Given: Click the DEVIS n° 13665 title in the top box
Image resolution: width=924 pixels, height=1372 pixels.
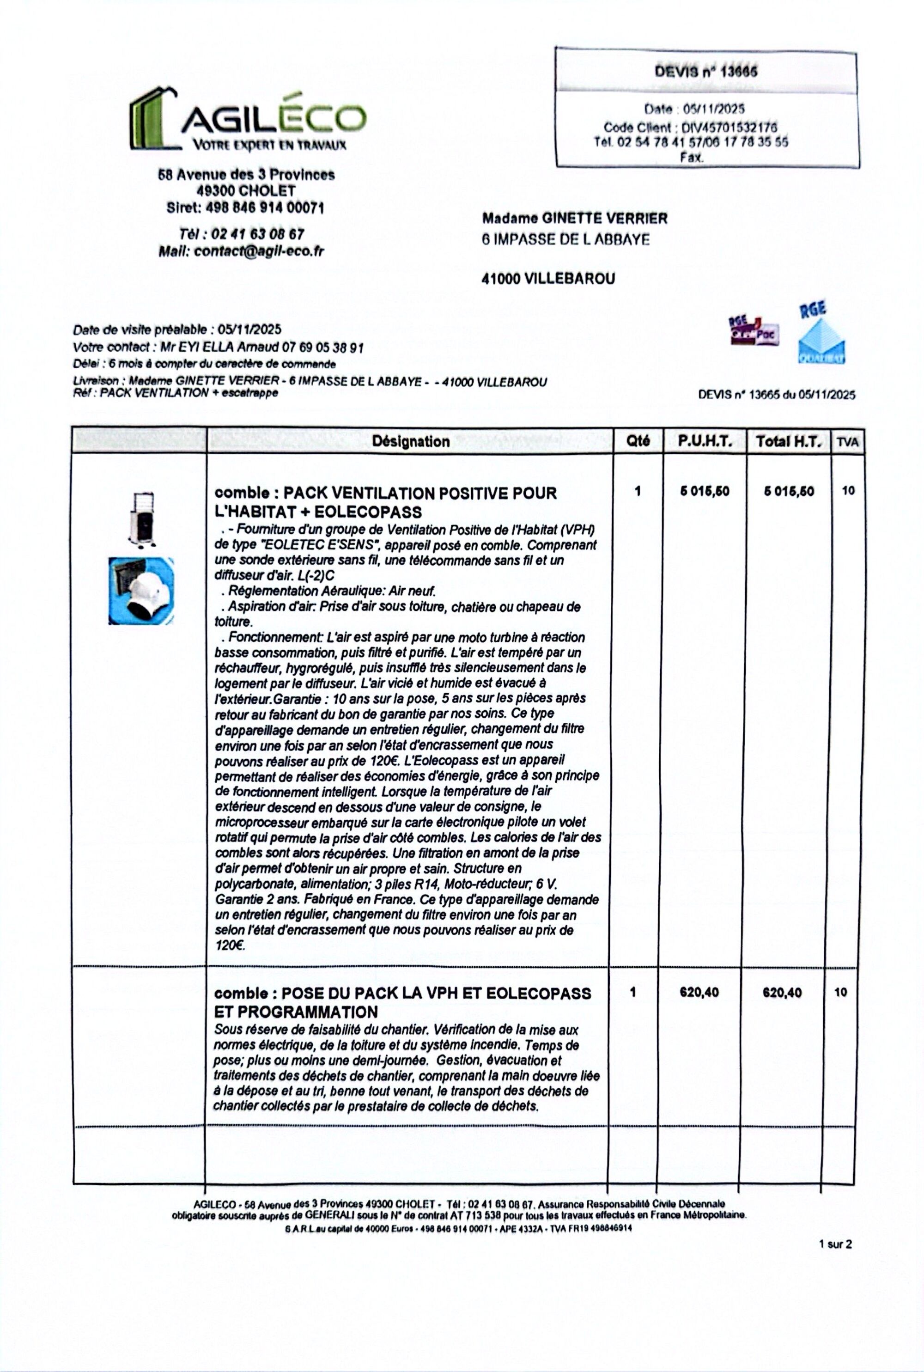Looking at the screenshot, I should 706,72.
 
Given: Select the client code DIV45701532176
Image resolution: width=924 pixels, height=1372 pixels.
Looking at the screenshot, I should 729,127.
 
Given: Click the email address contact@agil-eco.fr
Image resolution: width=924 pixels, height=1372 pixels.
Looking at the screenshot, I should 259,251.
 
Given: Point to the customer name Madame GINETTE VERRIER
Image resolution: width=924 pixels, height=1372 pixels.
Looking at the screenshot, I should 575,219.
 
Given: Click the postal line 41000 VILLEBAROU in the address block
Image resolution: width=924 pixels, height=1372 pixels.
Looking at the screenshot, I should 548,279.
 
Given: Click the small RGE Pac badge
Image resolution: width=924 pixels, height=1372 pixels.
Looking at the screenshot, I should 754,331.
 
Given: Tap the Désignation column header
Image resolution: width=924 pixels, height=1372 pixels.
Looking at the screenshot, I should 411,441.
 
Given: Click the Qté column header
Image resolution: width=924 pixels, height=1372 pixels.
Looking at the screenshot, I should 638,441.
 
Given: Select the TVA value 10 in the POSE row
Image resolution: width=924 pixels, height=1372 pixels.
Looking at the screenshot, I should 840,993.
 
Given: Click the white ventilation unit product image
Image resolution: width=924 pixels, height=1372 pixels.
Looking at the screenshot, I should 141,518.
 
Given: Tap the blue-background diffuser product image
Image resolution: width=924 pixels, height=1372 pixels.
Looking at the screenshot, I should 141,591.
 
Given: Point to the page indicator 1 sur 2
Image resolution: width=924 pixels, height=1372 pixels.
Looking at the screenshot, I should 835,1244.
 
